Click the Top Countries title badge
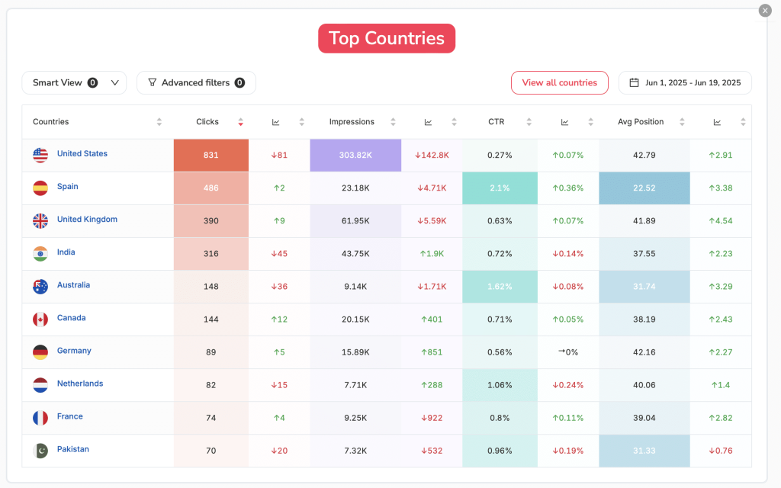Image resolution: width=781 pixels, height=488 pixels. (386, 38)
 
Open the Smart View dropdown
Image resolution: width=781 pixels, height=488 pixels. (74, 82)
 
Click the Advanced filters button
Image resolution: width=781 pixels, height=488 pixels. (196, 82)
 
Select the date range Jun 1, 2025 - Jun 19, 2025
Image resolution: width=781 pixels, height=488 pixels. (685, 82)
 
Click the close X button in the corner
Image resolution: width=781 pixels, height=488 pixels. (765, 10)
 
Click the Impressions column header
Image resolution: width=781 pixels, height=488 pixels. (352, 122)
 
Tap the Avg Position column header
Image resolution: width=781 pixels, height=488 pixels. (641, 122)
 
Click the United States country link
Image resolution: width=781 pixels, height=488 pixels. (82, 154)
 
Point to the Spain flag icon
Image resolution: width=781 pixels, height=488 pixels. (40, 188)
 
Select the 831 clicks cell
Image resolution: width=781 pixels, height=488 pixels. (211, 156)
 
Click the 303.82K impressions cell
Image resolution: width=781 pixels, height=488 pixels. (355, 156)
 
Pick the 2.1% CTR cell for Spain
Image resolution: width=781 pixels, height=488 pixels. (500, 188)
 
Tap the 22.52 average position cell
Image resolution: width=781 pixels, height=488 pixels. (644, 188)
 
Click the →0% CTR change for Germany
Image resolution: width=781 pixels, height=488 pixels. (567, 352)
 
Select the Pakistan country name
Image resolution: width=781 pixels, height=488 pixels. (73, 450)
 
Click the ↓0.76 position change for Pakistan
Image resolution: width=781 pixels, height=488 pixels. (720, 451)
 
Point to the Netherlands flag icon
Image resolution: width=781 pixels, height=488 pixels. (40, 385)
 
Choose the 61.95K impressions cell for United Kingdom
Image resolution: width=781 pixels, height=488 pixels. (355, 221)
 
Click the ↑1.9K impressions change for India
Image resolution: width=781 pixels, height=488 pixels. (432, 254)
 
